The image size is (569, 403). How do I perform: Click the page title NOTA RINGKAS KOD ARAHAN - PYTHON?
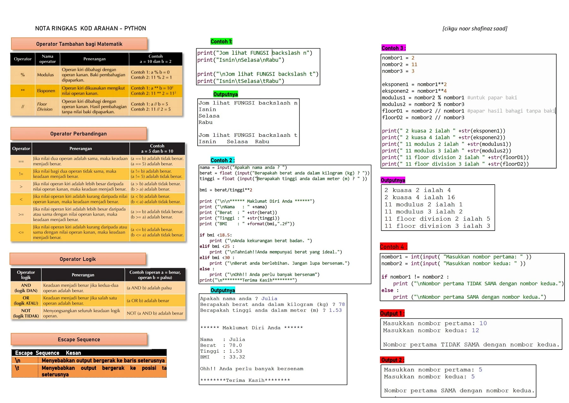(x=90, y=28)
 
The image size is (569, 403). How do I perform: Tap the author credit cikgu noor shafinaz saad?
(x=475, y=28)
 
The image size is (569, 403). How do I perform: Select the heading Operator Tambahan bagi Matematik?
(x=79, y=44)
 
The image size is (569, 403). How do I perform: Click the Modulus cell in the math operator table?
(x=46, y=75)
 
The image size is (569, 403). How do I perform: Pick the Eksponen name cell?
(x=46, y=91)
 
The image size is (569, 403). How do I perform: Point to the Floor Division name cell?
(x=45, y=106)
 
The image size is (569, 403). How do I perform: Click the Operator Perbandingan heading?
(x=78, y=134)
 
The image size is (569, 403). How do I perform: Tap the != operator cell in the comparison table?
(x=21, y=174)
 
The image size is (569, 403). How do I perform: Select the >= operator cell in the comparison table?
(x=21, y=214)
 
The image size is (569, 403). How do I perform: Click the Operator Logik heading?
(x=78, y=259)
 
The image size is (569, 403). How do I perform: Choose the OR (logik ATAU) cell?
(x=26, y=300)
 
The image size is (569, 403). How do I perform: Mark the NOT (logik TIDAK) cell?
(x=26, y=313)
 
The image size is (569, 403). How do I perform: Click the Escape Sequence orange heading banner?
(x=79, y=339)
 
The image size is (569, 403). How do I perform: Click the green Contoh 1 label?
(x=221, y=41)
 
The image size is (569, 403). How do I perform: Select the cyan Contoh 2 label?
(x=223, y=160)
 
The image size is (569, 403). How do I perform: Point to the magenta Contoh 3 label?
(x=394, y=48)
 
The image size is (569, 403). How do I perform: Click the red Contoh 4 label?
(x=394, y=247)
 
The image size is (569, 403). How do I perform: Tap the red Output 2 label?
(x=392, y=360)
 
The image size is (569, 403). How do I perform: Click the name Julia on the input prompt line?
(x=269, y=299)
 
